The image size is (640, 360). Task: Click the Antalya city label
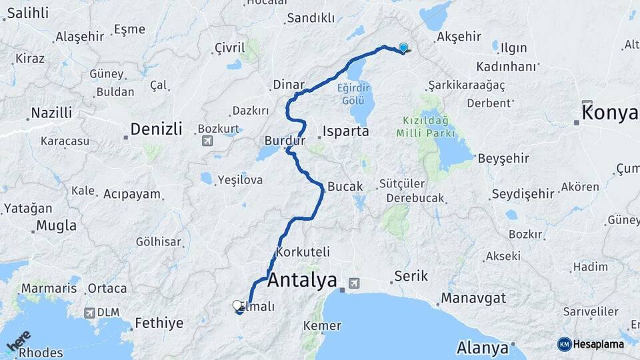302,281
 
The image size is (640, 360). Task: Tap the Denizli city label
156,129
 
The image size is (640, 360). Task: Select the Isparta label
345,131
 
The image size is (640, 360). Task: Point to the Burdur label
285,141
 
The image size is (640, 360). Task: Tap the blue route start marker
403,47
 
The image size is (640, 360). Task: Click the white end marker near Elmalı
237,306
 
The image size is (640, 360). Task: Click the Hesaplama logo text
598,344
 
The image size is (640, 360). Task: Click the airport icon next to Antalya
353,283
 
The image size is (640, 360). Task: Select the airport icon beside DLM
89,312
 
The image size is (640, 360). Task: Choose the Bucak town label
345,186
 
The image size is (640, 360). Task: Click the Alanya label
483,347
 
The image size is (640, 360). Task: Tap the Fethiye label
159,323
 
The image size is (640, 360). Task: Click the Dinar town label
289,85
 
